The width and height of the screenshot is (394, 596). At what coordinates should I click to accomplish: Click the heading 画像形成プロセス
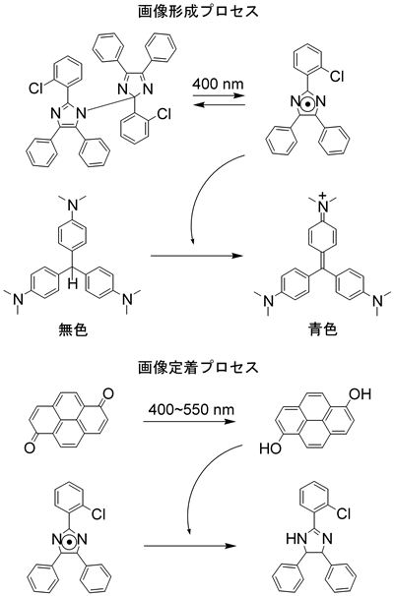[x=198, y=12]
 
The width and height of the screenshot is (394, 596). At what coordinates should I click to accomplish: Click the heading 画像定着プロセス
[x=198, y=367]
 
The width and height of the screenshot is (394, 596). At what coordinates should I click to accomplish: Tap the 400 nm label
[x=218, y=84]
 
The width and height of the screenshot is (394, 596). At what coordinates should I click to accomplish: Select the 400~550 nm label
[x=191, y=410]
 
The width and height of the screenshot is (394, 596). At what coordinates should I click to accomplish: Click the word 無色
[x=73, y=329]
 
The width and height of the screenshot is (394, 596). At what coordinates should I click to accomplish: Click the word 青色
[x=323, y=329]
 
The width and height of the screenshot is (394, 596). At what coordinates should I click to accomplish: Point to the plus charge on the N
[x=323, y=196]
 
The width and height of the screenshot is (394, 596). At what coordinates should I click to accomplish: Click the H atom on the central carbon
[x=73, y=282]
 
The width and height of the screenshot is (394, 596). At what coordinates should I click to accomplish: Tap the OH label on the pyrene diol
[x=361, y=394]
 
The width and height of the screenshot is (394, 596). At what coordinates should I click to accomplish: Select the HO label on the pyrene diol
[x=270, y=448]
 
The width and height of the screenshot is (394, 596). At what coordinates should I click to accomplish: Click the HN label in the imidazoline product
[x=294, y=539]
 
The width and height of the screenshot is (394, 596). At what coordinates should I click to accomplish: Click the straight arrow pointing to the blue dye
[x=197, y=256]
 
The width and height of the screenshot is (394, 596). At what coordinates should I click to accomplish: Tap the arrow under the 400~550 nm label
[x=189, y=421]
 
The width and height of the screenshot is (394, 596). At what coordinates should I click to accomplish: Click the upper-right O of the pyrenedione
[x=108, y=394]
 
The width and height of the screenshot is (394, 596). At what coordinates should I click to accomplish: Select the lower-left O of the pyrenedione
[x=30, y=447]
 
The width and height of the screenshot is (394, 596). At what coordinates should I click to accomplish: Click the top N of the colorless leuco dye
[x=73, y=206]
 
